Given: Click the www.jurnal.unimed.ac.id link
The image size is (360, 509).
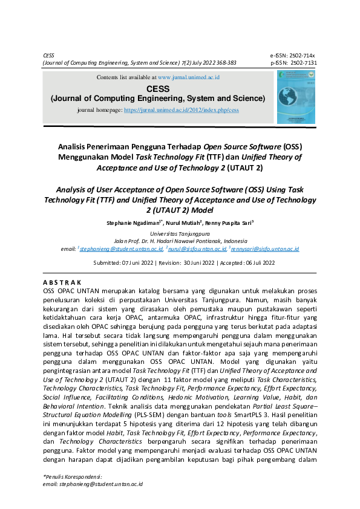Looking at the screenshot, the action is click(188, 78).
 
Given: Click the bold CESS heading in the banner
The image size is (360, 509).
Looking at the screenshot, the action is click(157, 88).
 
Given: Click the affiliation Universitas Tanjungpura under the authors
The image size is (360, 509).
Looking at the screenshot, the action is click(180, 233).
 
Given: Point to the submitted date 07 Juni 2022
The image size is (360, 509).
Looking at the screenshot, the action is click(139, 263).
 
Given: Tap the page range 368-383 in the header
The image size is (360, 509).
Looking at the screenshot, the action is click(223, 62).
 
